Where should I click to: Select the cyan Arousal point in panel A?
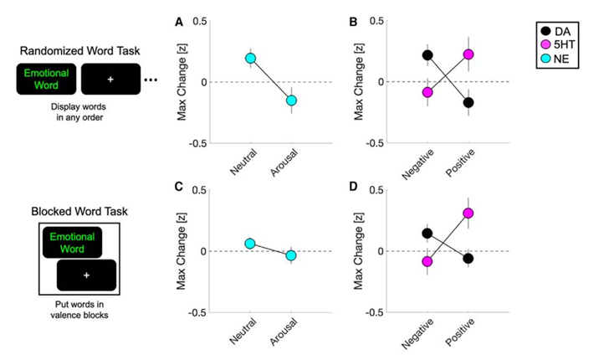291,100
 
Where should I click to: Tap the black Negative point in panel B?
427,55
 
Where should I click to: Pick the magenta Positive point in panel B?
468,54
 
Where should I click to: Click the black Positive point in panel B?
468,103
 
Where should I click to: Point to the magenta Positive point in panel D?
468,213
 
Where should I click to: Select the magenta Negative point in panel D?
427,261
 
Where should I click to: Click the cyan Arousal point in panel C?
291,255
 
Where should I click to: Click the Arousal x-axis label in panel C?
285,333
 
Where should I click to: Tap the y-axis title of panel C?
182,251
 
